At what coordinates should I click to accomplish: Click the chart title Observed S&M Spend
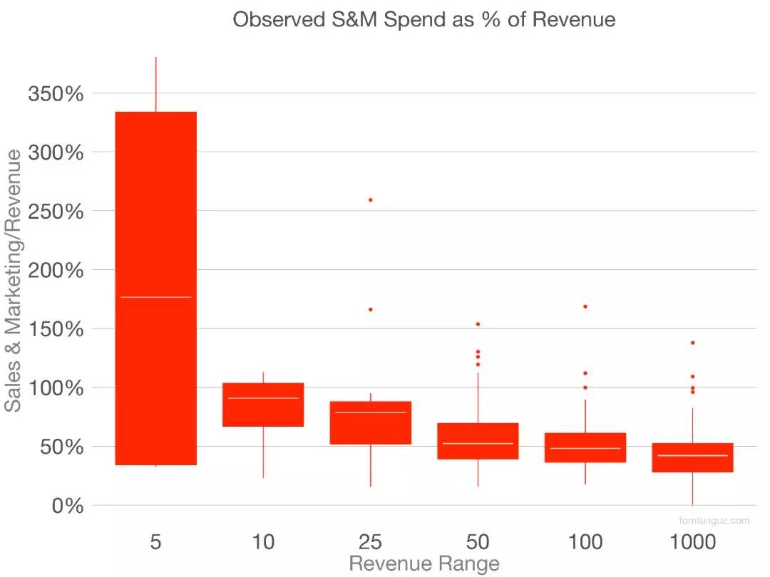423,19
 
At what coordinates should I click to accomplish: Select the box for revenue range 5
155,214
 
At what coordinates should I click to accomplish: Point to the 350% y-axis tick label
56,93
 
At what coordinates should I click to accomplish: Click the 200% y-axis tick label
56,270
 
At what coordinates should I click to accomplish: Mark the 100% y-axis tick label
56,388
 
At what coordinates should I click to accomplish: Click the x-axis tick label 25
371,542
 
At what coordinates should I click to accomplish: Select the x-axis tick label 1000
692,542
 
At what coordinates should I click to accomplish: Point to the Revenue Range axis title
423,565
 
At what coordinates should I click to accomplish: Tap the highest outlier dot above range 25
371,200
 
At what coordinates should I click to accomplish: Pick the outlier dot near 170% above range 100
585,306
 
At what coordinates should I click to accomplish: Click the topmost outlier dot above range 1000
692,343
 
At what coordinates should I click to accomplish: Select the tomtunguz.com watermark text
714,521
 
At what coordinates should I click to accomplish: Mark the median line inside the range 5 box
155,297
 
